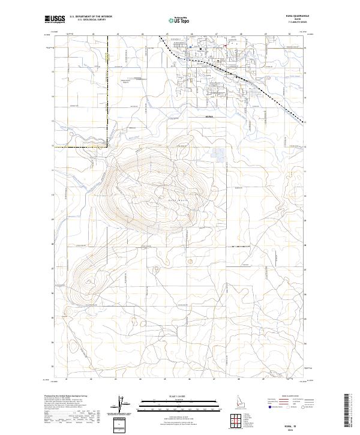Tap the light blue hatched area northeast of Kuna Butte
pyautogui.click(x=217, y=155)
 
